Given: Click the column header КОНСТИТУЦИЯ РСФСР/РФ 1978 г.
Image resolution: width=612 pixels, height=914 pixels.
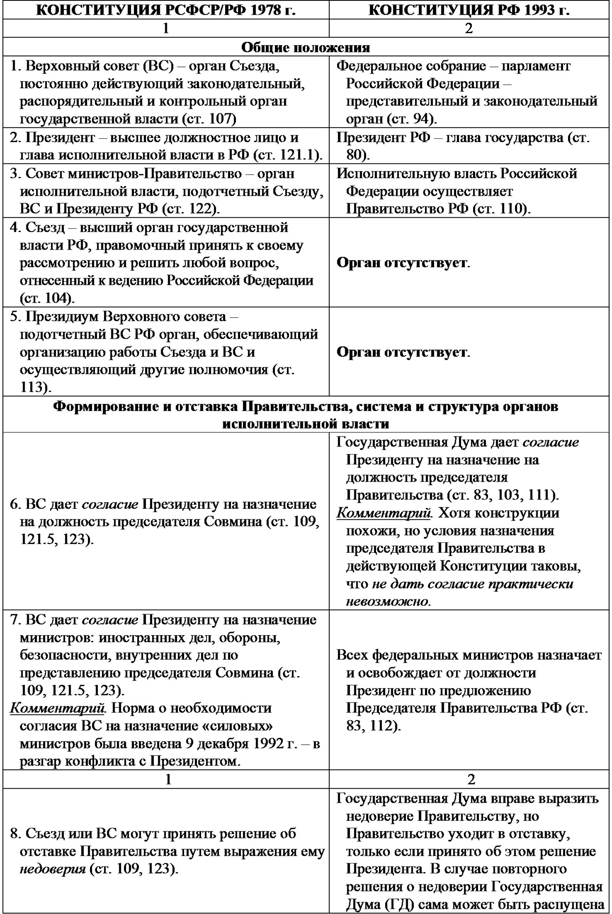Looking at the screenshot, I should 166,10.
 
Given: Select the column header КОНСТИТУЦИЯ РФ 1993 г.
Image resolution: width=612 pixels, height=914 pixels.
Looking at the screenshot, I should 469,10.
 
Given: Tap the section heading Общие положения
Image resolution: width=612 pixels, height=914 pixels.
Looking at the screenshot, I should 306,47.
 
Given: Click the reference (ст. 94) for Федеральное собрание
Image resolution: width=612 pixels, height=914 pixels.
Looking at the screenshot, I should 411,119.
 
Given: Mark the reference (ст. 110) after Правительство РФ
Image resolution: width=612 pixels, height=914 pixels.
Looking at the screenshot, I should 502,209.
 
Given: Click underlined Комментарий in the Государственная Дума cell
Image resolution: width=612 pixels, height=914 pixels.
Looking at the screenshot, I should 384,513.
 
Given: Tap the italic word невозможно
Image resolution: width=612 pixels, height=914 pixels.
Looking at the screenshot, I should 387,601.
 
